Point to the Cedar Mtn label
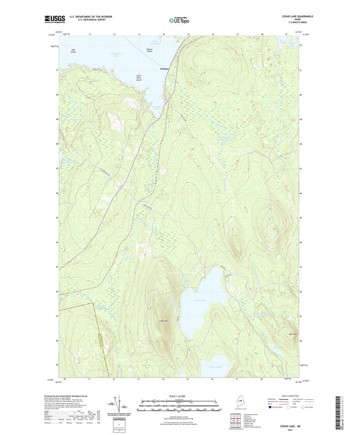[x=161, y=320]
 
